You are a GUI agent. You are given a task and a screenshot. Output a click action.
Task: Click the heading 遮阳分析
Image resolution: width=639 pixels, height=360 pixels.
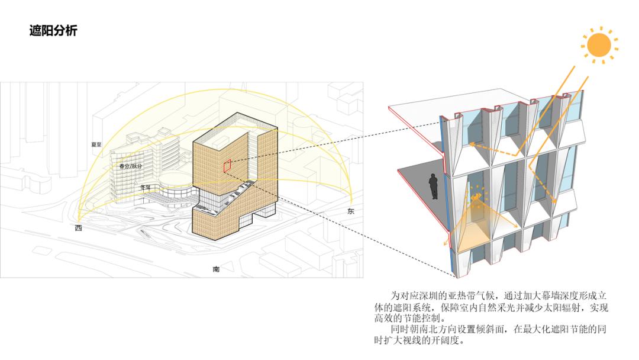pos(53,31)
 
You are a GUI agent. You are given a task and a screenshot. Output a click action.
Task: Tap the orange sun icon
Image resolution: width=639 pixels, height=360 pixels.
pos(599,45)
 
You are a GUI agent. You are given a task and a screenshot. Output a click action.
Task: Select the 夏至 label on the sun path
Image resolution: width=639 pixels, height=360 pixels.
pos(96,144)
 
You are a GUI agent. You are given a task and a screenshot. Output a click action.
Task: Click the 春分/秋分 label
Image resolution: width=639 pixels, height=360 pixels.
pos(130,166)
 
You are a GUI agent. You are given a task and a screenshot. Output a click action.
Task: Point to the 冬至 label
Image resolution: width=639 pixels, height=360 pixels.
pos(146,188)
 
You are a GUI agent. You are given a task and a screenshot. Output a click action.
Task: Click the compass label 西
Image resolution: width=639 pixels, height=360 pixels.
pos(78,228)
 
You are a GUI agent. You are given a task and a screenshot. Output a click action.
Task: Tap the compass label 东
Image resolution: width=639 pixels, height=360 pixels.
pos(350,211)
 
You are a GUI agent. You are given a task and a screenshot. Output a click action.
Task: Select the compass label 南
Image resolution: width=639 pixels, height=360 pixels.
pos(216,269)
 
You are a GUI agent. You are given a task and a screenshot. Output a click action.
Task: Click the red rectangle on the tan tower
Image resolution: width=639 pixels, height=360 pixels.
pos(227,165)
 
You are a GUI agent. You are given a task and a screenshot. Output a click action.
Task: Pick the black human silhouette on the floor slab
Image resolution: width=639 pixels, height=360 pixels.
pos(434,187)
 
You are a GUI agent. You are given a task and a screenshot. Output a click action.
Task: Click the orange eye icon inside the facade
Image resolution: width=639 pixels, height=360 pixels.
pos(476,197)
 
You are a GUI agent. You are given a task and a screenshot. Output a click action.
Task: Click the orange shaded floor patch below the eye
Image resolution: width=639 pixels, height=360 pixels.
pos(473,236)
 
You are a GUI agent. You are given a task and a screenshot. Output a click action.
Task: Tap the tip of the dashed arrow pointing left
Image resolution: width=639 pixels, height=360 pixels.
pos(469,143)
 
